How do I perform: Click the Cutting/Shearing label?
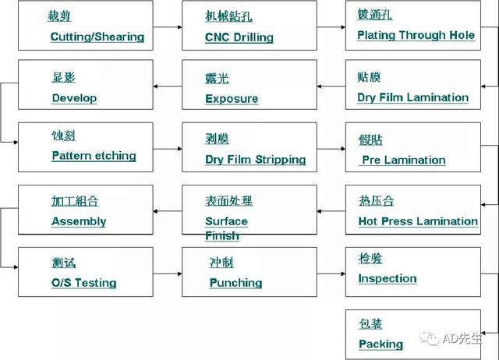97,37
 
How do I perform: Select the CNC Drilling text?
239,37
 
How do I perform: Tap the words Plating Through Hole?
416,35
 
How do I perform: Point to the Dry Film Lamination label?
412,97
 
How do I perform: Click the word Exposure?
232,99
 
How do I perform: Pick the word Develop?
74,98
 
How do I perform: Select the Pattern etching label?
94,156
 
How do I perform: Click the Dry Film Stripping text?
256,159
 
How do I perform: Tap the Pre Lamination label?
404,160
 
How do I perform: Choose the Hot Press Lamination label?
418,221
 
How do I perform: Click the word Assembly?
79,221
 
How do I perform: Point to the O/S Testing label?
84,283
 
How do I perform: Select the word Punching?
235,283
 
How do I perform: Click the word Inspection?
388,279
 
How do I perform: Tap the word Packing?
381,344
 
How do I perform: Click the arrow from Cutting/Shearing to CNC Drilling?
168,27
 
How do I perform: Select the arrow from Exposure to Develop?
168,86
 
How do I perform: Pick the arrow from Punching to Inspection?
331,274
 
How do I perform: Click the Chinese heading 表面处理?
228,201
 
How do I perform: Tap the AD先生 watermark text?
462,339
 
